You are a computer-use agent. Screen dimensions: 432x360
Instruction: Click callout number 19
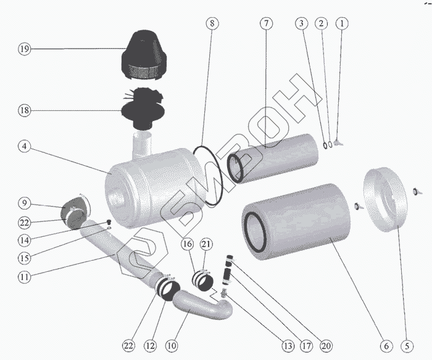[24, 49]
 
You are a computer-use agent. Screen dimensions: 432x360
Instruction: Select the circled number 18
[24, 110]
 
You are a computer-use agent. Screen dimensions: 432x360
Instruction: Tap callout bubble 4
[24, 147]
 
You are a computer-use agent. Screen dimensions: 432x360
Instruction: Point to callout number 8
[212, 24]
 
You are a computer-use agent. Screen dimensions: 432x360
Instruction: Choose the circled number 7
[265, 24]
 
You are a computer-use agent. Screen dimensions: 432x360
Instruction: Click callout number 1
[342, 24]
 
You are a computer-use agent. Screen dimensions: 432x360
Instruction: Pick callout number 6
[386, 345]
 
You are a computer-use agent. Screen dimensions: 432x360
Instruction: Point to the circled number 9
[24, 203]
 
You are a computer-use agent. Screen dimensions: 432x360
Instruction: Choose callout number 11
[24, 277]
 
